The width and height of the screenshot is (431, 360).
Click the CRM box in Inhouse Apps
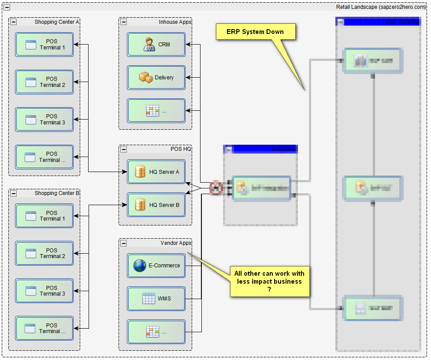click(x=156, y=45)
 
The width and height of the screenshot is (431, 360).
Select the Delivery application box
click(x=156, y=78)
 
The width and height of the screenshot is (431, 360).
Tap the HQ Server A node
click(x=156, y=172)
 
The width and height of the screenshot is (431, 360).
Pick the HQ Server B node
click(x=156, y=205)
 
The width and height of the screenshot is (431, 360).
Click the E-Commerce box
click(x=156, y=266)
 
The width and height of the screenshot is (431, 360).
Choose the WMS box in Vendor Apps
click(x=156, y=299)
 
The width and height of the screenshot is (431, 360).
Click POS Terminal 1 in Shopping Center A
click(x=45, y=45)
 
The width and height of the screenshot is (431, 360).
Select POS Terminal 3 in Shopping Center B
click(x=45, y=291)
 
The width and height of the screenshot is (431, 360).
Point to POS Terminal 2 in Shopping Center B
click(x=45, y=253)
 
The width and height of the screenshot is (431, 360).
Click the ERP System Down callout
click(x=255, y=32)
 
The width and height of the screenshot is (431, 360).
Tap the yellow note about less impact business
click(x=269, y=281)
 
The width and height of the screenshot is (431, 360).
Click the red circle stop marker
click(x=216, y=188)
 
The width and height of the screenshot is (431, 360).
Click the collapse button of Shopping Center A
click(x=14, y=22)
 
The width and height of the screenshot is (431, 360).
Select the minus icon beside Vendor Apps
click(x=124, y=243)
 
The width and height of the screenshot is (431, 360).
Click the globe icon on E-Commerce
click(x=140, y=266)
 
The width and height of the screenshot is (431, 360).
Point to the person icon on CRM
click(x=149, y=45)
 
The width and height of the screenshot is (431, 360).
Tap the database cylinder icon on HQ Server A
click(x=140, y=172)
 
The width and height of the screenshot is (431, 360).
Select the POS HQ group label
click(x=181, y=149)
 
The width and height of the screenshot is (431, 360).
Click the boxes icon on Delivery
click(x=145, y=78)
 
